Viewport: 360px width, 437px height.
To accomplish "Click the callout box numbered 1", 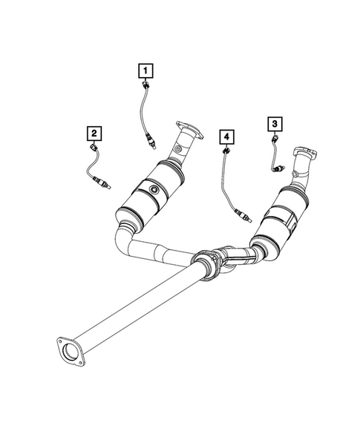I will [x=145, y=71].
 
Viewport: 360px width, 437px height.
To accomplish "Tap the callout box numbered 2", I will [x=94, y=134].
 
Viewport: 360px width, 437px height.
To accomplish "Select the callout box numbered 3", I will [x=274, y=123].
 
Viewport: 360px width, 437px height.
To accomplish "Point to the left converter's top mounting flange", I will [x=189, y=132].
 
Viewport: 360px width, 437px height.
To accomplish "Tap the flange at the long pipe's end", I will [x=68, y=352].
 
